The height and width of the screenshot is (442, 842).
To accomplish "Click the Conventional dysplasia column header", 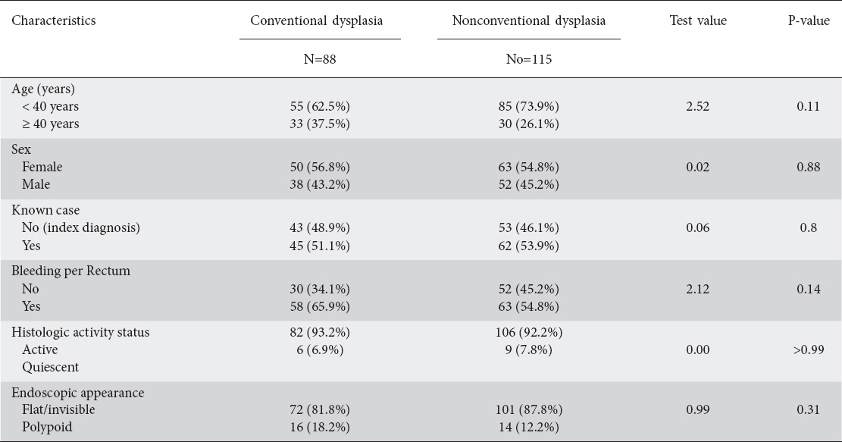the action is (x=316, y=21).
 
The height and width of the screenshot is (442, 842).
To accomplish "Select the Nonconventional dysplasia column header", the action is (x=528, y=21).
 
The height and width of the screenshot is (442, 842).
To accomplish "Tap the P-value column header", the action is (x=809, y=21).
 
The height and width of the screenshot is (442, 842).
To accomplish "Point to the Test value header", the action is (x=698, y=21).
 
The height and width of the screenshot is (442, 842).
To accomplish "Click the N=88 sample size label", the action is (x=320, y=59).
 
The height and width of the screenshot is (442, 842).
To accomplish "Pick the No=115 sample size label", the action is (x=529, y=59).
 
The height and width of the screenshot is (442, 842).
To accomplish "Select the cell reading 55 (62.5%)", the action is (x=320, y=106).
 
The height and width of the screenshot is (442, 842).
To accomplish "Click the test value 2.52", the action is (x=697, y=106).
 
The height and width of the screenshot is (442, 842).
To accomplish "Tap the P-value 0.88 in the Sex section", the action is (x=809, y=167).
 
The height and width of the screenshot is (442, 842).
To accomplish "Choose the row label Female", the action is (x=42, y=167).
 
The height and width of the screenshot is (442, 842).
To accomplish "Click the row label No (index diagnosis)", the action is (x=81, y=227).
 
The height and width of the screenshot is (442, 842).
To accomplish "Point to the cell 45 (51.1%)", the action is (x=320, y=246).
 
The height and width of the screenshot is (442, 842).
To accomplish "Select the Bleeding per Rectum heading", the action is (x=71, y=271).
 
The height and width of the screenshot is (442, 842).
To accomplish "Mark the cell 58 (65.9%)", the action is (x=320, y=306).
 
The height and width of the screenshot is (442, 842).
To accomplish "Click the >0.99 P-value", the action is (x=809, y=350).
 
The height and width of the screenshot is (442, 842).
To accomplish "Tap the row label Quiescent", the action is (x=51, y=368).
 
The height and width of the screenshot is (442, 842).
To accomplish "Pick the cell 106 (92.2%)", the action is (x=529, y=332).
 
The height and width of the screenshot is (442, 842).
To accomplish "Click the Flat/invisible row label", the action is (x=58, y=409).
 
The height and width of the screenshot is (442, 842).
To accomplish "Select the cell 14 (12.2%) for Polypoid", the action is (x=529, y=428).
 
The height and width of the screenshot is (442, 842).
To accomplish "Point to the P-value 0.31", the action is (x=809, y=409).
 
